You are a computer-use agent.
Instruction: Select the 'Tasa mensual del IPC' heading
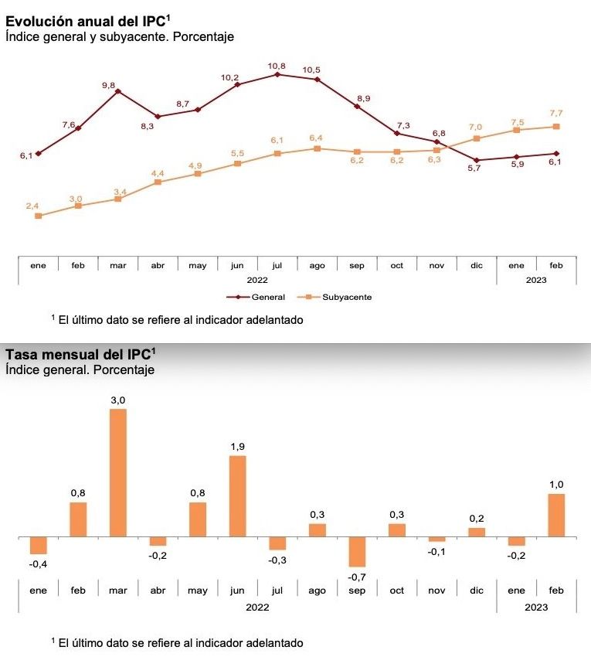(x=80, y=355)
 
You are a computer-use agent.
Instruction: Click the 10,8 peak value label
(x=277, y=66)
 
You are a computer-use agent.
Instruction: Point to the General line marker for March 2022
(x=117, y=91)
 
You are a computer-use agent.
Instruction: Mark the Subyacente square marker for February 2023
(x=556, y=126)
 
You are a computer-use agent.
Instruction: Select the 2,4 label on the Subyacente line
(x=32, y=206)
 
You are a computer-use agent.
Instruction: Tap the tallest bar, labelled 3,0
(x=118, y=472)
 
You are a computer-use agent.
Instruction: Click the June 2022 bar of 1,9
(x=238, y=495)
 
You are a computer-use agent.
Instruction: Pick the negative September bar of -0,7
(x=357, y=552)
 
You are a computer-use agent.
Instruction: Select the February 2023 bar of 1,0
(x=556, y=515)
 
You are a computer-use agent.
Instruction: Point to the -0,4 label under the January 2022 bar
(x=37, y=565)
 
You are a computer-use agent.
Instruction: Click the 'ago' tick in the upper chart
(x=317, y=265)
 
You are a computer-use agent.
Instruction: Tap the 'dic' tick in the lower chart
(x=477, y=591)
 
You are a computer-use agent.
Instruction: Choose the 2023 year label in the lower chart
(x=535, y=608)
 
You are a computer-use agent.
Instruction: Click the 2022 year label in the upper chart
(x=257, y=280)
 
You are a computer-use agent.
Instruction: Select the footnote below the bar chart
(x=177, y=642)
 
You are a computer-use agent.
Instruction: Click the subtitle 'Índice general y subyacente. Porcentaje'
(x=119, y=36)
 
